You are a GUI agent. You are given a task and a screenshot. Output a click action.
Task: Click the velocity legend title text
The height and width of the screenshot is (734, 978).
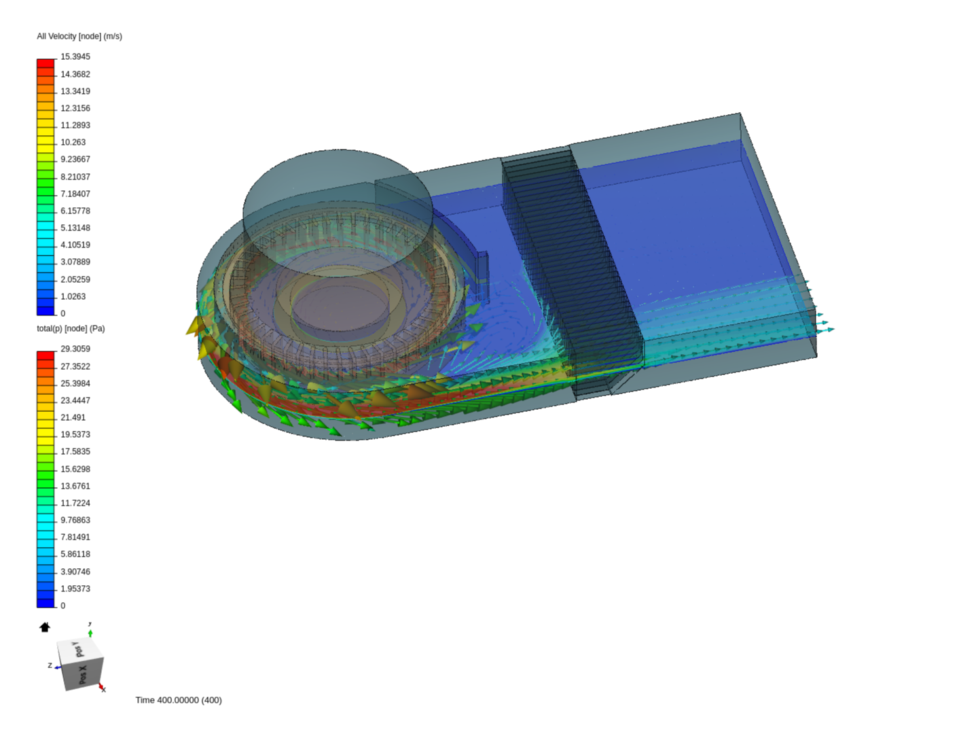point(79,36)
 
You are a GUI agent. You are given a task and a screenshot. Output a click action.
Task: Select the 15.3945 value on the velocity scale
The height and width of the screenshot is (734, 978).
point(75,57)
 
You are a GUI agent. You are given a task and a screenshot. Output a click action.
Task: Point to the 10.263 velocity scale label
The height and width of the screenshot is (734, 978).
point(73,143)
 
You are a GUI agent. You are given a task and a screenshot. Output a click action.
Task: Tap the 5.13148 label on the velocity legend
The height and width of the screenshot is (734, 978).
point(75,228)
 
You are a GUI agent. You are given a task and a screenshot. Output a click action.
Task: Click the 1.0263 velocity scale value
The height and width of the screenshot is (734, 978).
point(73,296)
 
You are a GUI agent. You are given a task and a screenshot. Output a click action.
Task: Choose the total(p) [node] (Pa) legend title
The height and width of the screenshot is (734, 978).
point(71,328)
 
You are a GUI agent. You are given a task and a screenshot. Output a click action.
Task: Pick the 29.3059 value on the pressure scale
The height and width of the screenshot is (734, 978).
point(75,349)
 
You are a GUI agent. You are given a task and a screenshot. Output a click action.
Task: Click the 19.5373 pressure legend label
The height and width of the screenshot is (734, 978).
point(75,435)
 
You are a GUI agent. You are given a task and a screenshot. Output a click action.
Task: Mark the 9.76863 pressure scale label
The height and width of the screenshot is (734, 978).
point(75,521)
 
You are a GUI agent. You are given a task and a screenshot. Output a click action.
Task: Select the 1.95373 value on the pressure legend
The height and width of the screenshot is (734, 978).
point(75,589)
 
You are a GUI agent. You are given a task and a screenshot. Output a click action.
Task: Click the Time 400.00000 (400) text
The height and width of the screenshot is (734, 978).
point(179,700)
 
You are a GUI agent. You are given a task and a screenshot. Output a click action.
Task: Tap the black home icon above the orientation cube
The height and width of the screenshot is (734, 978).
point(45,627)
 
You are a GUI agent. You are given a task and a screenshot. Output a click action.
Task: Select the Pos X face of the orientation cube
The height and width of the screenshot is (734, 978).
point(82,675)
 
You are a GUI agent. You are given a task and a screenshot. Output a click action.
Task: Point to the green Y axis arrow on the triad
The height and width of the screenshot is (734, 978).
point(90,633)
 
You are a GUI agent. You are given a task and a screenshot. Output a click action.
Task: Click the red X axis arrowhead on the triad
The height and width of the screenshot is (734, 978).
point(102,687)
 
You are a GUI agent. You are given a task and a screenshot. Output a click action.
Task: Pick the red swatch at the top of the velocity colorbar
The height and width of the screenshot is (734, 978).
point(46,63)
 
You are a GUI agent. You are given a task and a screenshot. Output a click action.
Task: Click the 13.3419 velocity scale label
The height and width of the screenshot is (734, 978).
point(75,91)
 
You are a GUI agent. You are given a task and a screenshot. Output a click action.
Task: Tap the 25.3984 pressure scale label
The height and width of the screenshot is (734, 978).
point(75,383)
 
